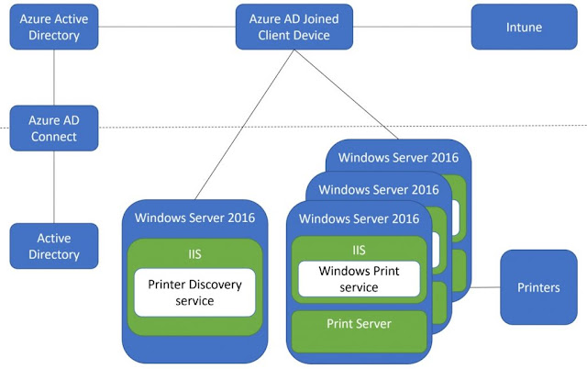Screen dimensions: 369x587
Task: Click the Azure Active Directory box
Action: [54, 28]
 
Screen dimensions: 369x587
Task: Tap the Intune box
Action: [524, 28]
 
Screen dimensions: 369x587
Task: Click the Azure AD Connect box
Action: [54, 129]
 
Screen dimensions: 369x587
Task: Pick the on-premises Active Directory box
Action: [54, 246]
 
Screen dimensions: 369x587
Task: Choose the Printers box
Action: [538, 287]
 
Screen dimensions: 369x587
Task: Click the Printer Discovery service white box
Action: [194, 293]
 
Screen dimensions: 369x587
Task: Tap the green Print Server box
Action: [360, 324]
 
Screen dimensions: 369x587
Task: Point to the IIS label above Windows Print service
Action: [360, 249]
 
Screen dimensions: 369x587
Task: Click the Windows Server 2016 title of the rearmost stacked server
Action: [398, 157]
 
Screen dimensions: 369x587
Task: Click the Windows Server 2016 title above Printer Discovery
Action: [194, 218]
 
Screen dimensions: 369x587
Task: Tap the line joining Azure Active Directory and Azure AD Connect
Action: [54, 78]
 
